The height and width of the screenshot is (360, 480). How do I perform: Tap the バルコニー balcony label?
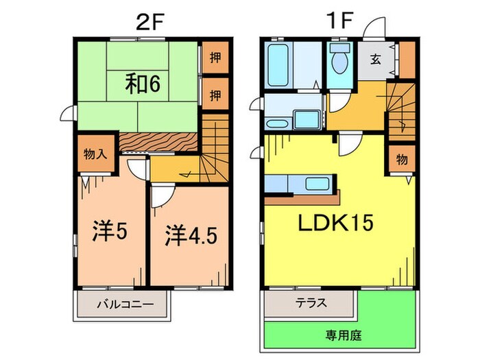123,303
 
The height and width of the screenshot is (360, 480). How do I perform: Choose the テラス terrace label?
310,302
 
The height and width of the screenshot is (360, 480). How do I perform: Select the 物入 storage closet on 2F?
95,154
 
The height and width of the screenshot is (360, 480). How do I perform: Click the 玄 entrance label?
376,59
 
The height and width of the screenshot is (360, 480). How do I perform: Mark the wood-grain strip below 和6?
159,142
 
